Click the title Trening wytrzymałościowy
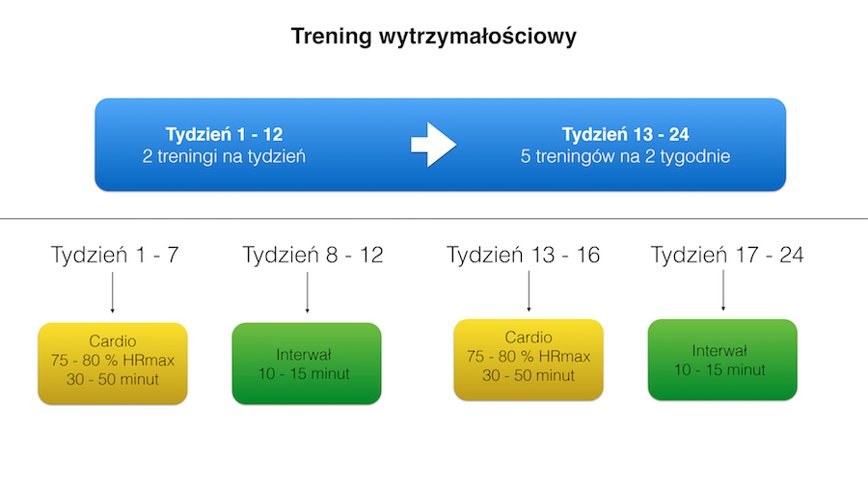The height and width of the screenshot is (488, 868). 433,37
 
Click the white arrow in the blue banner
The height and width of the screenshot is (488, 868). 433,145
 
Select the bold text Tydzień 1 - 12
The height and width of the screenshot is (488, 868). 224,134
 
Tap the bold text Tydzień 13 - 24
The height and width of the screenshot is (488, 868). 626,134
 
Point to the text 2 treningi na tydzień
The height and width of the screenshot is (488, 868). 224,156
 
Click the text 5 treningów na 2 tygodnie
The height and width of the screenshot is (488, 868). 626,156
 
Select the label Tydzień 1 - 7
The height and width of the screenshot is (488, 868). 115,255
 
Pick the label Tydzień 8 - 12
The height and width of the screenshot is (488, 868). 312,255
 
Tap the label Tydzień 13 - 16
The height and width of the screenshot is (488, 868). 523,255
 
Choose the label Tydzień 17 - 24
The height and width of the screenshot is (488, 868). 727,255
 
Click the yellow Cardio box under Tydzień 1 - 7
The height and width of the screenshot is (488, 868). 113,364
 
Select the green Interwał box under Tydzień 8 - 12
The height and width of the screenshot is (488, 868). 307,364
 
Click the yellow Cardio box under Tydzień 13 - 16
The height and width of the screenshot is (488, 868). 529,360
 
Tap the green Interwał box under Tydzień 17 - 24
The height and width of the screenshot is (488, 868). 722,360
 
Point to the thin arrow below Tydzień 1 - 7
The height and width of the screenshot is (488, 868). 113,292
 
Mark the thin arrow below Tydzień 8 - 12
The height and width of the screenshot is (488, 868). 308,292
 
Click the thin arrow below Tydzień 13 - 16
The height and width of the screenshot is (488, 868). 529,291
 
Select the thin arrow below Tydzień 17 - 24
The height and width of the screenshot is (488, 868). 723,290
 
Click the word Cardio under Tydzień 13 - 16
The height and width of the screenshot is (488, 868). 529,338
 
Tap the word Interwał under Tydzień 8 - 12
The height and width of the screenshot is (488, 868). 304,355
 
